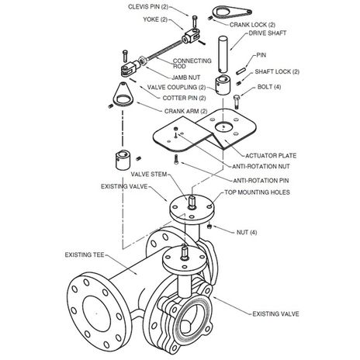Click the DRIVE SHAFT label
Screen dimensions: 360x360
[x=268, y=33]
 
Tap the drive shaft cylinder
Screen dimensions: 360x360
[x=223, y=54]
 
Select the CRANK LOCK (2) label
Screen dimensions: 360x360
[x=252, y=25]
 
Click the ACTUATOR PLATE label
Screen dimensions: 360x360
[x=271, y=156]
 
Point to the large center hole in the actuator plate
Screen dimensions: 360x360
[x=223, y=127]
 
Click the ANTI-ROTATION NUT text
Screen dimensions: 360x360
[x=261, y=167]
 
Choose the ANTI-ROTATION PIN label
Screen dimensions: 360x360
[x=261, y=181]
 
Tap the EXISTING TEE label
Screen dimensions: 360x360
[x=85, y=255]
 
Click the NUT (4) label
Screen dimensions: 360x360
[x=247, y=233]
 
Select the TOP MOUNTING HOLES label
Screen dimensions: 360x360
[x=257, y=192]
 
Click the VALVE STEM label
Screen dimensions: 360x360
[x=149, y=175]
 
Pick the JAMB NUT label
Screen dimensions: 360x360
[x=185, y=78]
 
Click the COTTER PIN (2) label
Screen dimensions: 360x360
[x=184, y=99]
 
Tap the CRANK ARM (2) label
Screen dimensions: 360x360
[x=185, y=111]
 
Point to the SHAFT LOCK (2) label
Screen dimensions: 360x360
[x=277, y=71]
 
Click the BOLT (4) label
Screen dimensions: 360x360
[x=269, y=87]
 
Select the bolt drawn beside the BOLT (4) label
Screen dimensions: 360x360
[x=237, y=102]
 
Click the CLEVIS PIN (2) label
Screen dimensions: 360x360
[x=148, y=7]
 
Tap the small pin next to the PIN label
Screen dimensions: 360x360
[x=241, y=71]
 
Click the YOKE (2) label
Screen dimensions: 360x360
[x=155, y=19]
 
